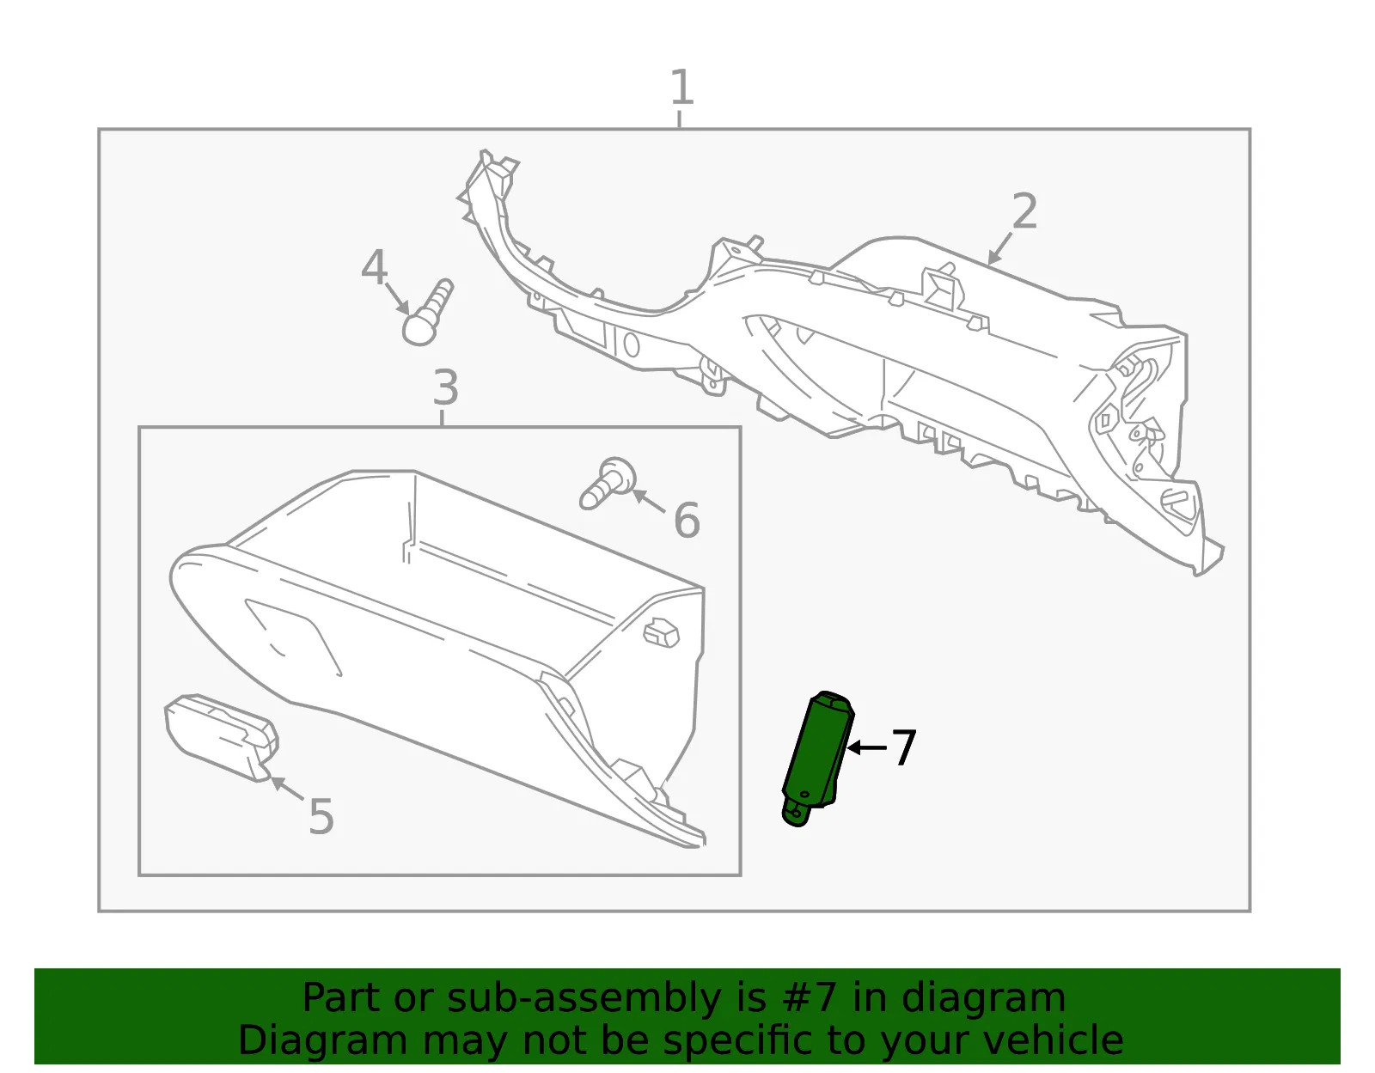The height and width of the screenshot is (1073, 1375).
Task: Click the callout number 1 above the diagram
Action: pos(681,87)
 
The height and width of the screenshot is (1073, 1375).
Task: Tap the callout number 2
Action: pos(1024,211)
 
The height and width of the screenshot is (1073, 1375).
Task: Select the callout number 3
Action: pos(445,387)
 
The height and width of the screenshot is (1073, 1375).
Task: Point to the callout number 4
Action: pos(374,266)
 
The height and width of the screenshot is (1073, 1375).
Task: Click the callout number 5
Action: pos(321,816)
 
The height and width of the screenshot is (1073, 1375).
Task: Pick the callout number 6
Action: pos(687,520)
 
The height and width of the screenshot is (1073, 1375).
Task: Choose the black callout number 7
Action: pos(903,747)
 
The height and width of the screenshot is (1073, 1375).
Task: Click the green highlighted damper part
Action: pos(817,758)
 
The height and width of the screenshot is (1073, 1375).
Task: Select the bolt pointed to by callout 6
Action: pos(608,483)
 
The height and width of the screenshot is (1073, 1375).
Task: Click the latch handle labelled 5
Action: pos(221,738)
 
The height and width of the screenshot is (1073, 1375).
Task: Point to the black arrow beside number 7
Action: pos(867,748)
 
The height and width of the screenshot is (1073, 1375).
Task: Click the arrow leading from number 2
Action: pos(999,248)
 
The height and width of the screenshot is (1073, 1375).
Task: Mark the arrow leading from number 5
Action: pos(287,789)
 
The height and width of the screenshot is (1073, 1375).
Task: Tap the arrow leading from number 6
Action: pos(649,501)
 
